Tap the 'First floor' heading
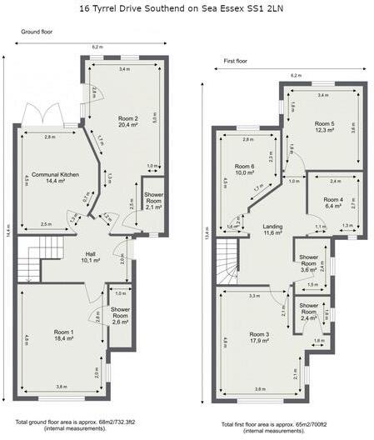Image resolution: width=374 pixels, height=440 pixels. pos(237,61)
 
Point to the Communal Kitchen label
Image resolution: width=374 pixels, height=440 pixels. pos(51,177)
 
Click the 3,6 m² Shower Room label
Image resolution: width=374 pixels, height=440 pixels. pos(310,264)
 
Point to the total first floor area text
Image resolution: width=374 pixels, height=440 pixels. pos(268,427)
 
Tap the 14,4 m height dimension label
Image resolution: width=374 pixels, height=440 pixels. pos(7,225)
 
